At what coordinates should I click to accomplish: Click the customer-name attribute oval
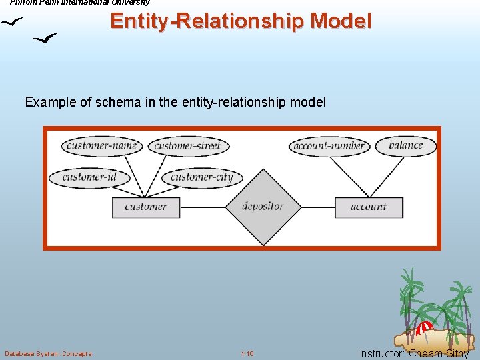(101, 146)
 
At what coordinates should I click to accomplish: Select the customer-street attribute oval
(187, 146)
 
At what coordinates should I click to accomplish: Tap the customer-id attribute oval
(89, 177)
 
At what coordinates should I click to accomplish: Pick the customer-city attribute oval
(201, 177)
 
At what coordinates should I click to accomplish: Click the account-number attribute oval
(329, 146)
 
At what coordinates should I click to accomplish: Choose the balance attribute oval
(405, 145)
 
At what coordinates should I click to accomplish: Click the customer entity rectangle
(146, 207)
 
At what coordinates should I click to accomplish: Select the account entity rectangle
(369, 207)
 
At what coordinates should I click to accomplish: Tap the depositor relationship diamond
(262, 207)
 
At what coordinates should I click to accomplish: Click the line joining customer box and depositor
(203, 207)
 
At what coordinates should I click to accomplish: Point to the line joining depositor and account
(317, 207)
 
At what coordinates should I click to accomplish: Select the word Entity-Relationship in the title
(207, 21)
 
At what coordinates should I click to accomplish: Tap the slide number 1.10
(247, 353)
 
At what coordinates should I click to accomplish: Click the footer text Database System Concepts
(48, 353)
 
